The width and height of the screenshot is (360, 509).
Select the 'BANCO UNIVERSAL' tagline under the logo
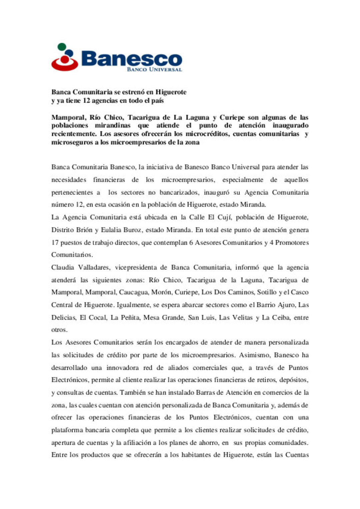pos(154,70)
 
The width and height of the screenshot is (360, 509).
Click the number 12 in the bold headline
pos(86,101)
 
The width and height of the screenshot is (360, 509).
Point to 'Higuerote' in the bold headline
pos(171,92)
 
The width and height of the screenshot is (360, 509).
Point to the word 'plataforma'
pos(67,430)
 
